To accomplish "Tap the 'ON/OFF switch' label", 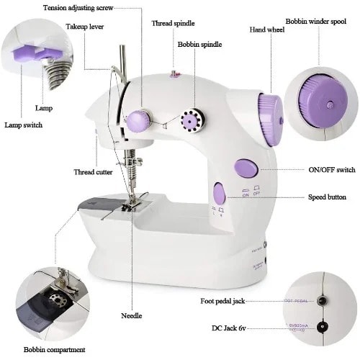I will coord(331,171).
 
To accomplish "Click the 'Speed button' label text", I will coord(327,197).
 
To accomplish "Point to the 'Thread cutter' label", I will coord(93,172).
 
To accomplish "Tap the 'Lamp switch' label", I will coord(23,125).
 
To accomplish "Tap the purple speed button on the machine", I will coord(220,193).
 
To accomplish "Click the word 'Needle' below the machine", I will coord(132,315).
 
